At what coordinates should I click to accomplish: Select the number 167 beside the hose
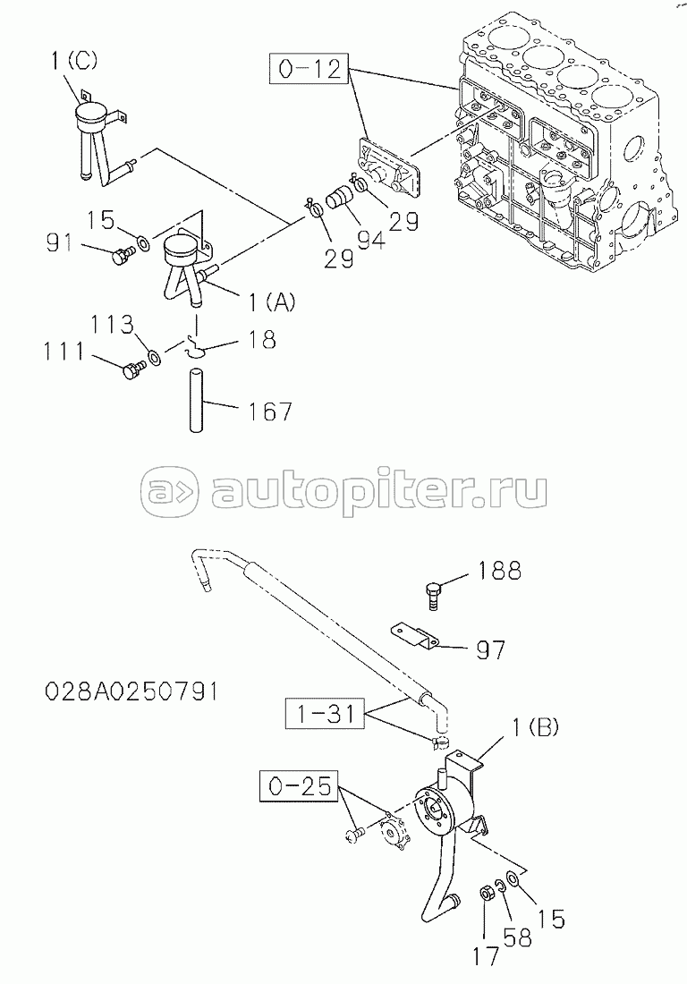pyautogui.click(x=271, y=411)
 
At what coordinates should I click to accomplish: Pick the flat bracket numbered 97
pyautogui.click(x=414, y=634)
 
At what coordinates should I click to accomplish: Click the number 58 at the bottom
pyautogui.click(x=517, y=937)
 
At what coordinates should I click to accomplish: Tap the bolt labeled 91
pyautogui.click(x=119, y=257)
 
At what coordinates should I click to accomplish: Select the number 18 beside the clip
pyautogui.click(x=262, y=339)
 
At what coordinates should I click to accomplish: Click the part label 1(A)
pyautogui.click(x=269, y=303)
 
